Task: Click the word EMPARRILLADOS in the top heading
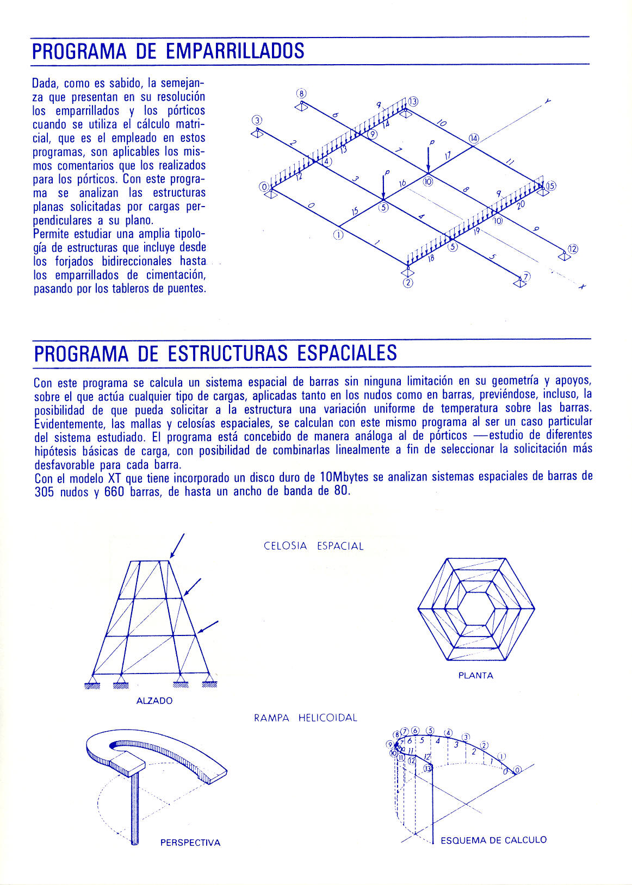pyautogui.click(x=234, y=51)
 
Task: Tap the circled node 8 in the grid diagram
pyautogui.click(x=302, y=93)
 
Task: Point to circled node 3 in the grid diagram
pyautogui.click(x=257, y=120)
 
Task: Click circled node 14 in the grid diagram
pyautogui.click(x=474, y=138)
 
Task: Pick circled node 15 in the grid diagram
pyautogui.click(x=551, y=186)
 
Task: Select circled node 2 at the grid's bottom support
pyautogui.click(x=408, y=283)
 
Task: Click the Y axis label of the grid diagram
pyautogui.click(x=548, y=101)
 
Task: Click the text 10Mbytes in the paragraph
pyautogui.click(x=344, y=477)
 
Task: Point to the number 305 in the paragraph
pyautogui.click(x=44, y=492)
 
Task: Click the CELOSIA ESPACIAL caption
pyautogui.click(x=313, y=546)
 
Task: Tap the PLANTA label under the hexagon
pyautogui.click(x=475, y=676)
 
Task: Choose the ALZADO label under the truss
pyautogui.click(x=154, y=701)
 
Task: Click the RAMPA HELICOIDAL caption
pyautogui.click(x=306, y=718)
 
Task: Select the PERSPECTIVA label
pyautogui.click(x=190, y=843)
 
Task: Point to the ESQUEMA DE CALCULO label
pyautogui.click(x=493, y=840)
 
